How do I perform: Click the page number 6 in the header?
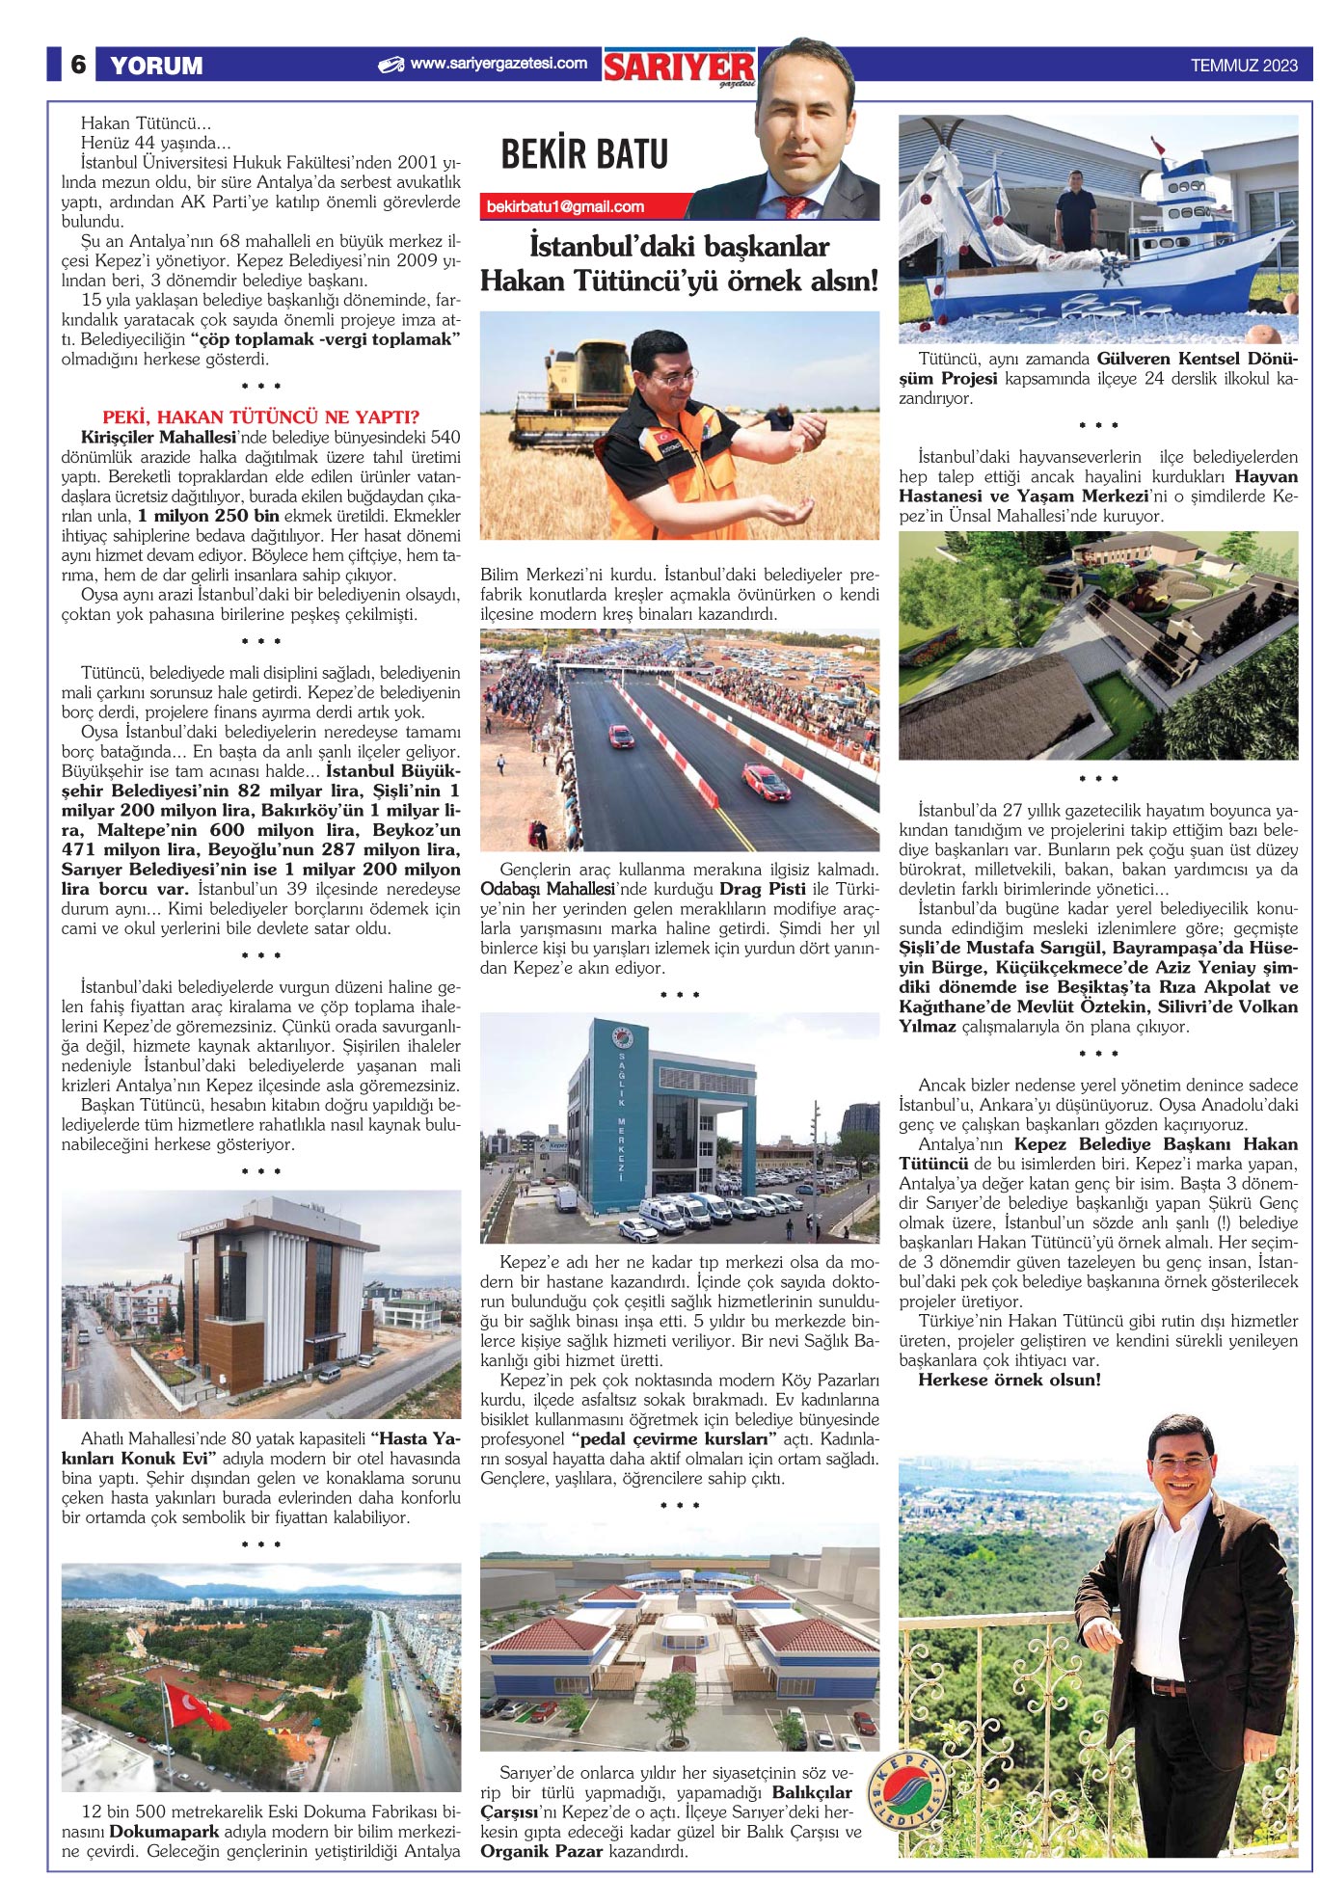(x=78, y=65)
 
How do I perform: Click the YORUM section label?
(x=156, y=66)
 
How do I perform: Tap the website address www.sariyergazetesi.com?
(x=498, y=64)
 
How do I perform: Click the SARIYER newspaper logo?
(x=679, y=67)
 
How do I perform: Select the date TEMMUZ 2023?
(x=1244, y=66)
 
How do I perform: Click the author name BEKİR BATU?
(x=584, y=154)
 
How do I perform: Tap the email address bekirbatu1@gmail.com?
(x=566, y=206)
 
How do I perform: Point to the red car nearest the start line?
(x=620, y=736)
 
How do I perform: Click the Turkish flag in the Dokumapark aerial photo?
(x=193, y=1706)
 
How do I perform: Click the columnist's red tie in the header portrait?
(x=795, y=204)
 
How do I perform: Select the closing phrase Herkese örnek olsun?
(x=1009, y=1380)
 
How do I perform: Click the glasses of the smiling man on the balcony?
(x=1181, y=1462)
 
